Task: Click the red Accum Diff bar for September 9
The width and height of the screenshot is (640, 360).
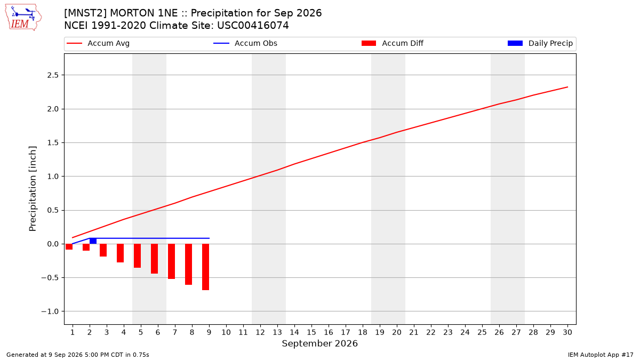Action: [205, 267]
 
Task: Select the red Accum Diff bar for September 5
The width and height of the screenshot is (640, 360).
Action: [137, 255]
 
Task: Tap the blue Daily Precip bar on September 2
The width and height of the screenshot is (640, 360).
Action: [93, 241]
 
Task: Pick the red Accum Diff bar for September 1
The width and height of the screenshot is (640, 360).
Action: [69, 246]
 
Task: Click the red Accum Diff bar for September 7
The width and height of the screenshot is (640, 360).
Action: [171, 261]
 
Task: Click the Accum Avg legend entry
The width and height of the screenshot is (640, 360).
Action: [98, 43]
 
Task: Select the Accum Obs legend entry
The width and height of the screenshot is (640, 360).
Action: [245, 43]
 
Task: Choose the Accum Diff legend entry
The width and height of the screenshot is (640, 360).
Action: [393, 43]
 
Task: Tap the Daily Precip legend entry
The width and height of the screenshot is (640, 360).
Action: [540, 43]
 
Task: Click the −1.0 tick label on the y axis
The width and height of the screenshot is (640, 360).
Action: [50, 311]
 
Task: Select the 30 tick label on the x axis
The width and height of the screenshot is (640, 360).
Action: [567, 332]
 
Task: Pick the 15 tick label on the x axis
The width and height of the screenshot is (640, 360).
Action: [311, 332]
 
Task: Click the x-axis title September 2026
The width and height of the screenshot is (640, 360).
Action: [319, 343]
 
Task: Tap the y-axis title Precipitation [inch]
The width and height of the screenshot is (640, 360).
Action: [33, 189]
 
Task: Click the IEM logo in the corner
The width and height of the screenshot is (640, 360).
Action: [23, 18]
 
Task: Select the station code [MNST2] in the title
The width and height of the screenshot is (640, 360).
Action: [85, 13]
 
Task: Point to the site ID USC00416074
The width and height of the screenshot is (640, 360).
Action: [253, 26]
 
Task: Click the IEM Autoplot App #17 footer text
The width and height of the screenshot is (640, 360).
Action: [601, 355]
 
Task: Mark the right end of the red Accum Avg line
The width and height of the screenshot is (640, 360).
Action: [567, 87]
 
